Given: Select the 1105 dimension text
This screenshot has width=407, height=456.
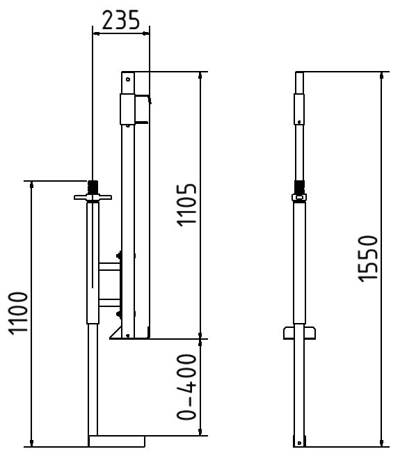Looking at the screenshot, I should (186, 205).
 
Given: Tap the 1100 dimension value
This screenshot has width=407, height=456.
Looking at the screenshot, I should (19, 313).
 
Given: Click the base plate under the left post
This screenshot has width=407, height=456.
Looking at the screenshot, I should (116, 441).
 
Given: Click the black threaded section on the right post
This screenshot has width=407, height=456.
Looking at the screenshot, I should (299, 187).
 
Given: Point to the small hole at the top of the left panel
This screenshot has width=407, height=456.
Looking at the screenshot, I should (127, 79).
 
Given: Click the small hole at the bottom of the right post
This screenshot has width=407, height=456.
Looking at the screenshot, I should (299, 442).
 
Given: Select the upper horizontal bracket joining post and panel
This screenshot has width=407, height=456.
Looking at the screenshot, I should (110, 265).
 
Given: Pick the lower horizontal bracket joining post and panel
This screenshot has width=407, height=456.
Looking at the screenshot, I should (110, 301).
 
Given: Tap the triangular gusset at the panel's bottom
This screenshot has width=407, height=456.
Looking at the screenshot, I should (115, 332).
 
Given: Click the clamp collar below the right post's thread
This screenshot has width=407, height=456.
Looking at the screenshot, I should (299, 199).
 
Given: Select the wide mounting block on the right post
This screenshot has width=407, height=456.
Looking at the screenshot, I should (299, 332).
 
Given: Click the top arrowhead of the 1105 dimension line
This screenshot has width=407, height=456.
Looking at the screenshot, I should (200, 76).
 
